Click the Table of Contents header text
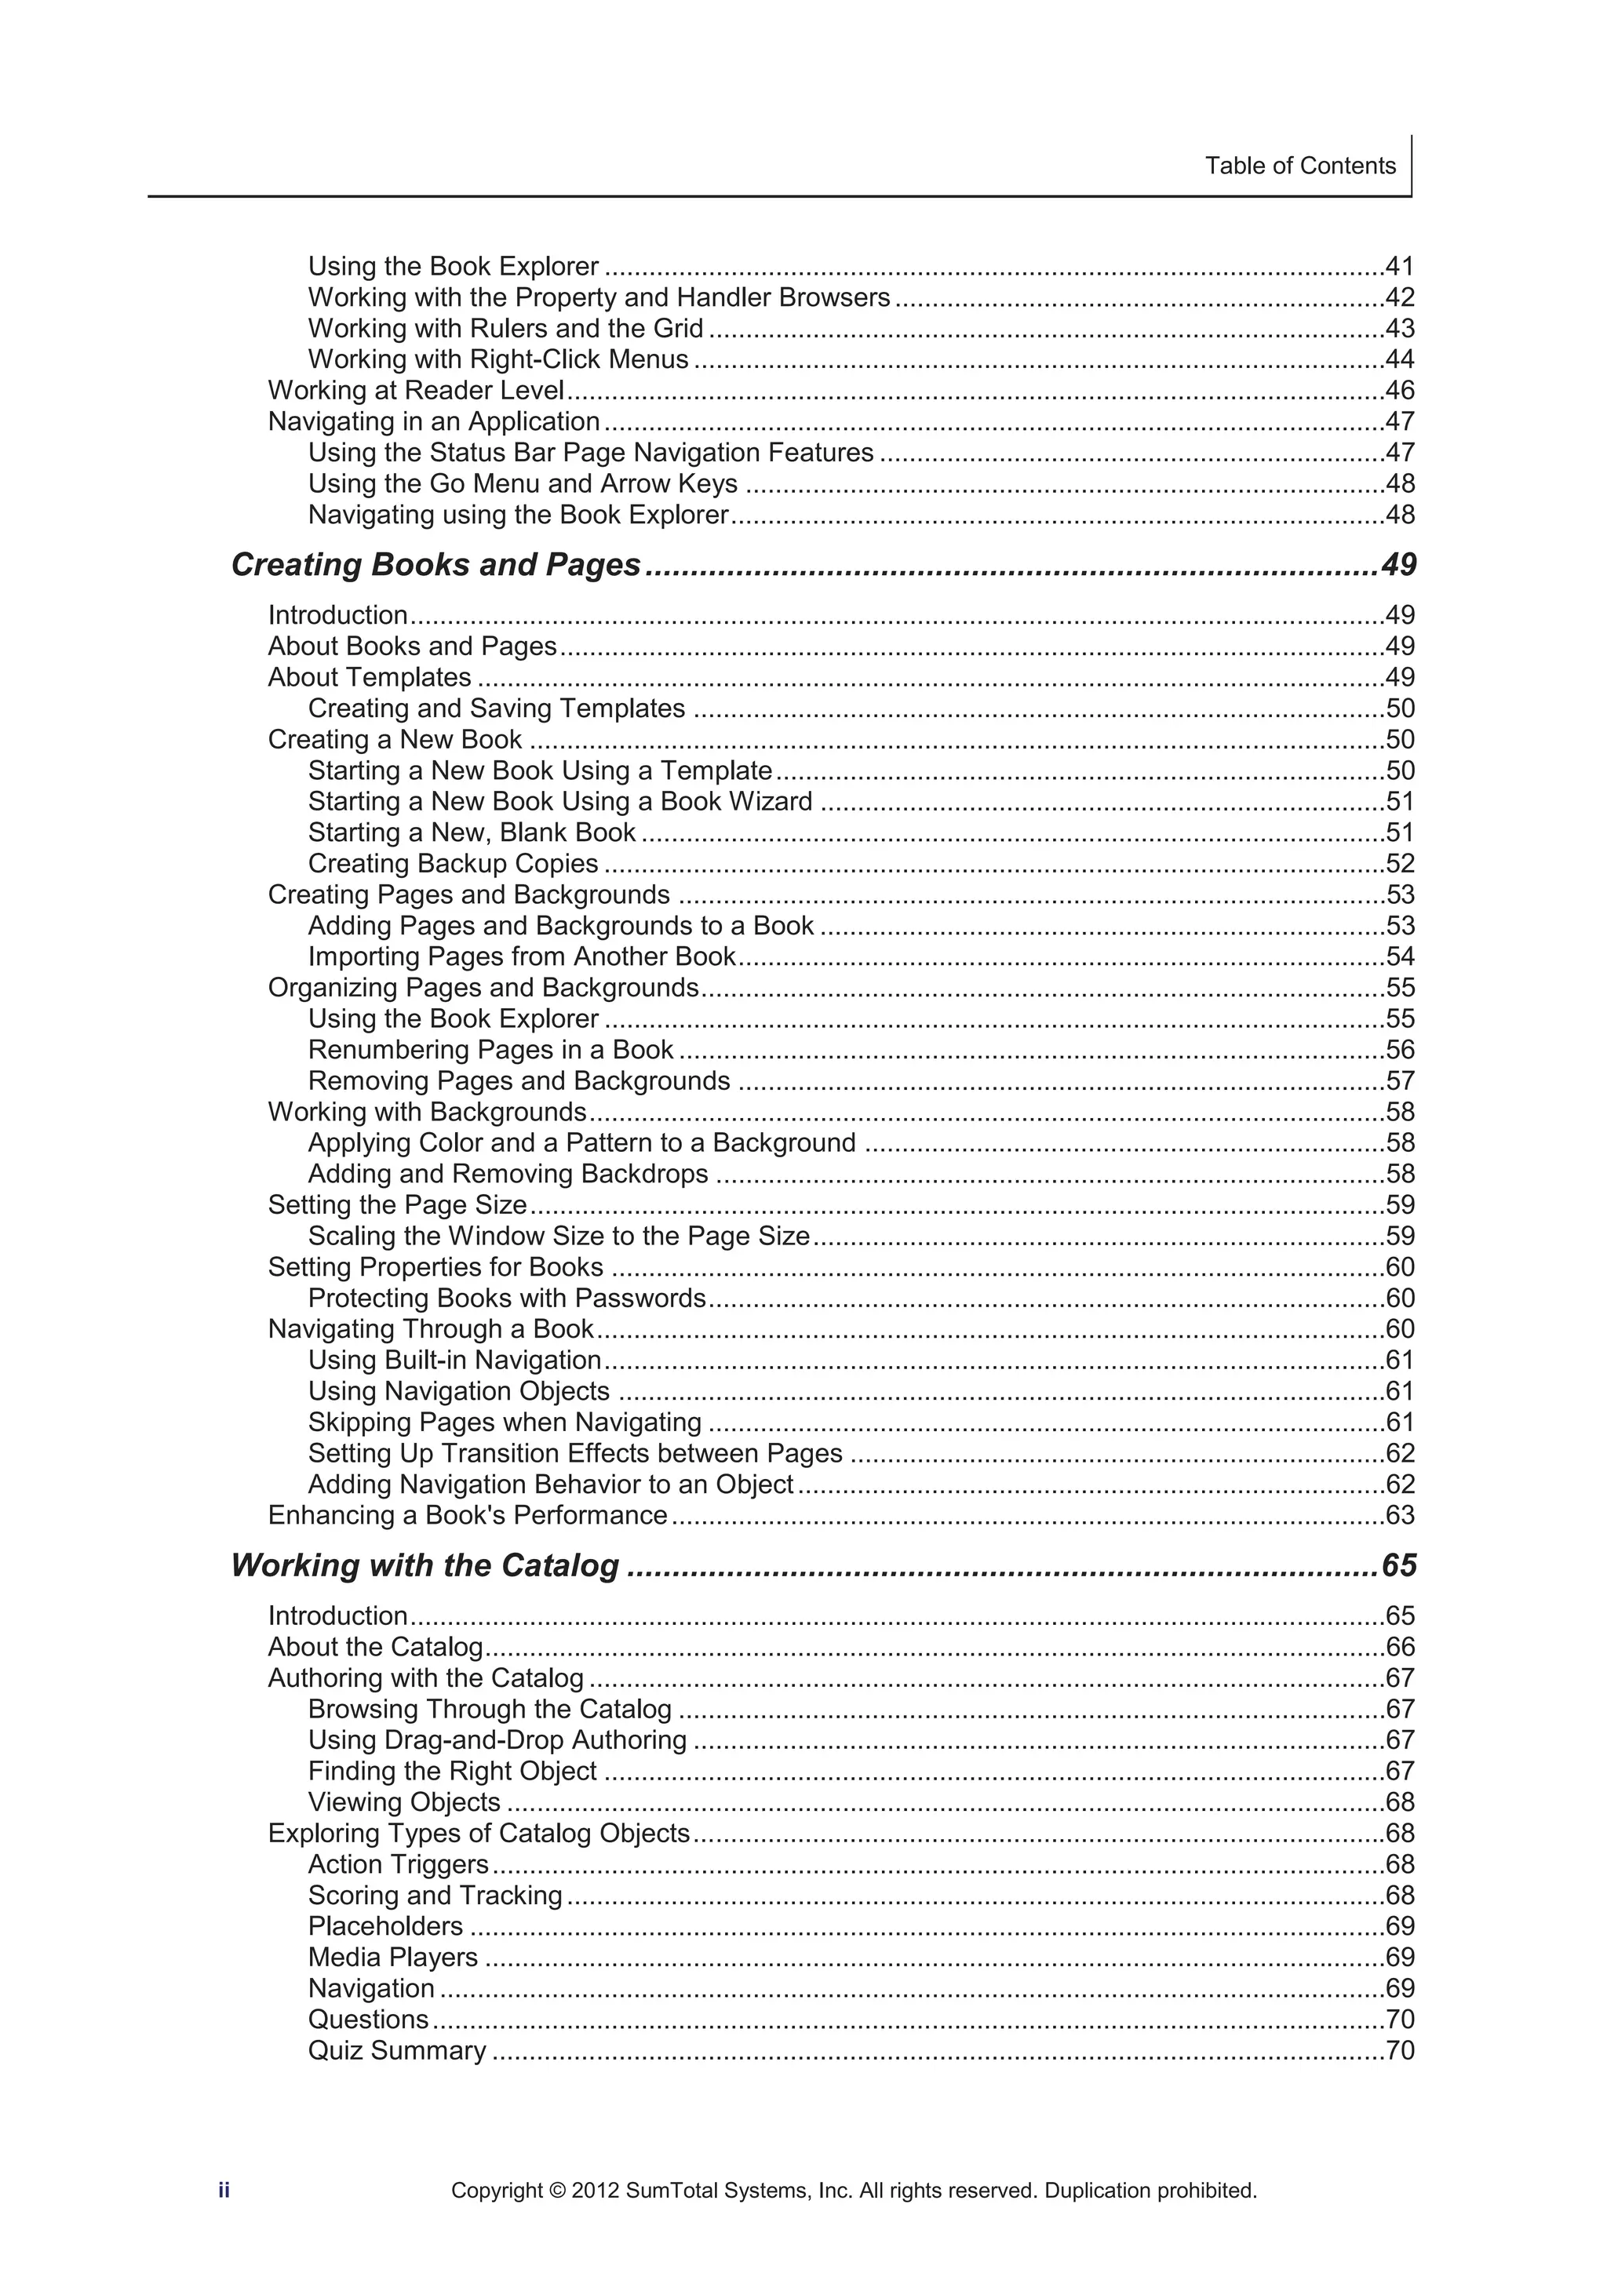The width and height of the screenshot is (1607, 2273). pos(1299,166)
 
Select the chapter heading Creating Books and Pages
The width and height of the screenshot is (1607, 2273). pos(435,564)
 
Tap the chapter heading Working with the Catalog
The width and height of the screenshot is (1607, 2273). pos(425,1565)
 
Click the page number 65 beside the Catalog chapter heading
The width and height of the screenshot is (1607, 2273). pos(1398,1565)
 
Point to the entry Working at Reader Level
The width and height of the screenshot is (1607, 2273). pos(416,390)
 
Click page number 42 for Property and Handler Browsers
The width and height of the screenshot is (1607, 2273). pos(1399,297)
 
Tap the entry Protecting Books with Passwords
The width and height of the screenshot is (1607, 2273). pos(506,1298)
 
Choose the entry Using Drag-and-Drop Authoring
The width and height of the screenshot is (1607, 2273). pos(497,1739)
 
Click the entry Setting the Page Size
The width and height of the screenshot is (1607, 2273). pos(397,1205)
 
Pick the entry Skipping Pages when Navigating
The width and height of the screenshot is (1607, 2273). pos(504,1422)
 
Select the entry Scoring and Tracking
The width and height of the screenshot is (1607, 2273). pos(435,1895)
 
